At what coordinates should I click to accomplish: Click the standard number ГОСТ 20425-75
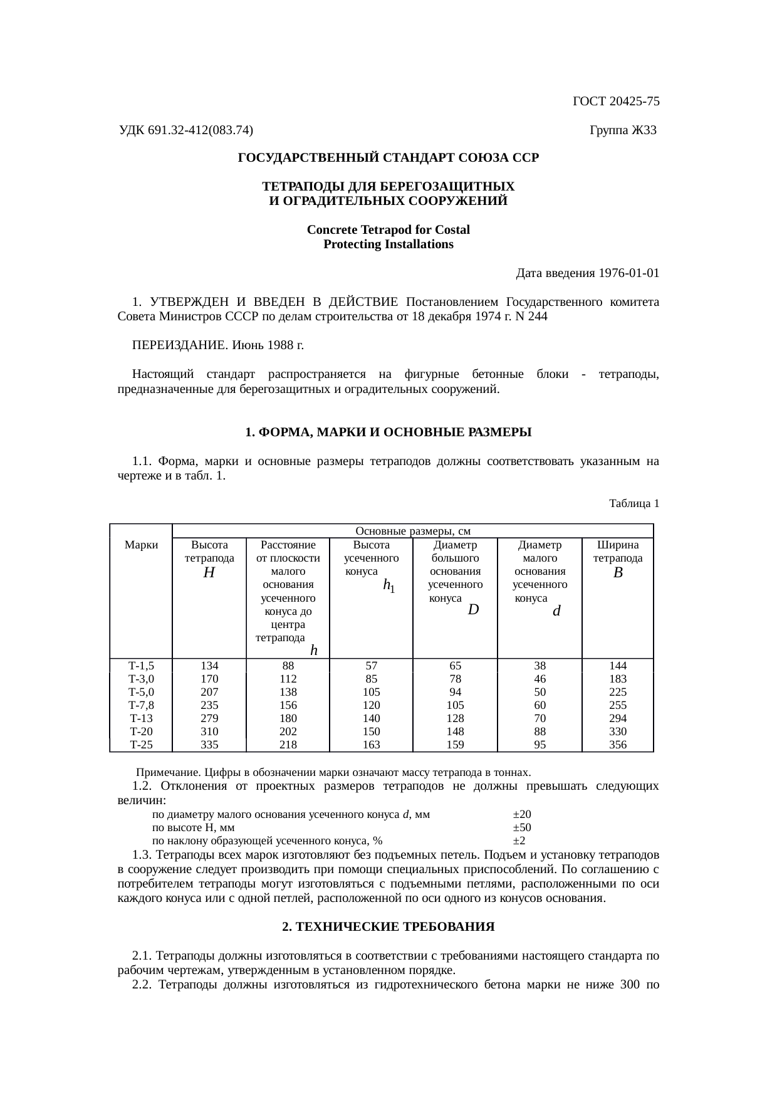(615, 102)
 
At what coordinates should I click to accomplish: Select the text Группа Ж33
(623, 130)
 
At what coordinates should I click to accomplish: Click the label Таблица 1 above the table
(634, 503)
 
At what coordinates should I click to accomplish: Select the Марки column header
(141, 545)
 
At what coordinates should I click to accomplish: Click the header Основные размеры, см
(413, 532)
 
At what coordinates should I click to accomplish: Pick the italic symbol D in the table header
(474, 609)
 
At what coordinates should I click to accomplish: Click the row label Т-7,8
(141, 705)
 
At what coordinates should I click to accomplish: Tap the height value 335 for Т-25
(209, 745)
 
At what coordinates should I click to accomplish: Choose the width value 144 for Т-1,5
(617, 666)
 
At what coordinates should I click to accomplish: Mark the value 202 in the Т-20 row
(288, 731)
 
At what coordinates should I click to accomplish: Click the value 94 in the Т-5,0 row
(456, 692)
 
